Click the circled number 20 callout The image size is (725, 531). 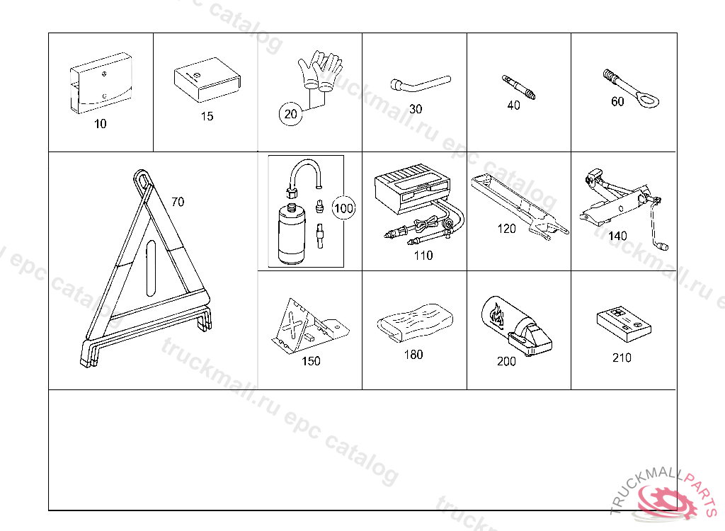290,114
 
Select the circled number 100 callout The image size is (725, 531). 343,208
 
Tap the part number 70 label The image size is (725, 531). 178,202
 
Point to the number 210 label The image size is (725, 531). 622,358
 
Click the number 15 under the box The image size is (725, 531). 207,116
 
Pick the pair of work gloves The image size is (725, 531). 320,69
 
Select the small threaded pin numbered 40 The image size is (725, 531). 519,87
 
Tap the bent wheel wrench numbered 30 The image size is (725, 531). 420,84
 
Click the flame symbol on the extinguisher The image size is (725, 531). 497,314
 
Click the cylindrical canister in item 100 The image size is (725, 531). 291,234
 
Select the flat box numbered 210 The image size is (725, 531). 624,325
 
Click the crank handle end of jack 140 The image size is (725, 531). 664,246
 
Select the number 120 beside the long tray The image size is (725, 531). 506,229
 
